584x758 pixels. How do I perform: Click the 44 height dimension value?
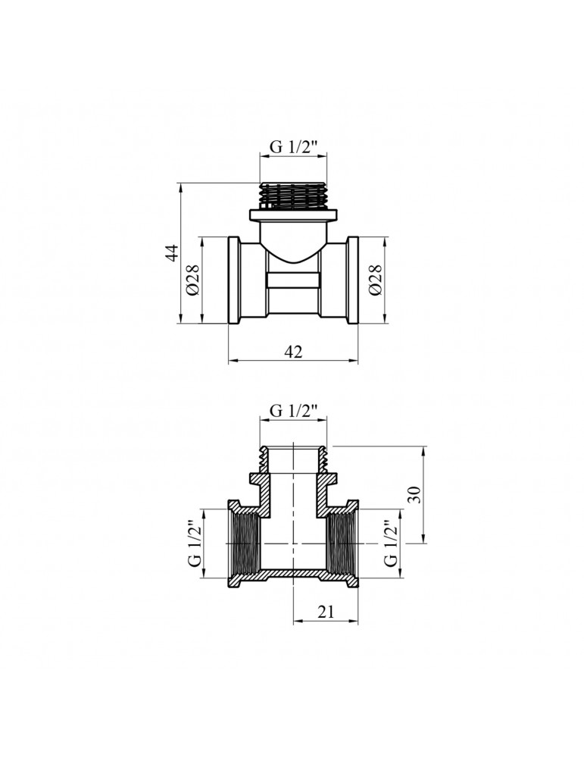(x=173, y=253)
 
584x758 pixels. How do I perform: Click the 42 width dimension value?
(x=293, y=352)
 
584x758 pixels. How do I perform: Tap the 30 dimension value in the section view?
(x=415, y=494)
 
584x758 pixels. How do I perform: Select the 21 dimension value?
(x=326, y=612)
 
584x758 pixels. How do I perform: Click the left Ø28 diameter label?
(x=193, y=280)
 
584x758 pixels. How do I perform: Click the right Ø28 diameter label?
(x=376, y=280)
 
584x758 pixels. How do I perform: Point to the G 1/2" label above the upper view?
(x=293, y=147)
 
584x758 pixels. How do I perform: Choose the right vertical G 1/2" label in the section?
(x=391, y=543)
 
